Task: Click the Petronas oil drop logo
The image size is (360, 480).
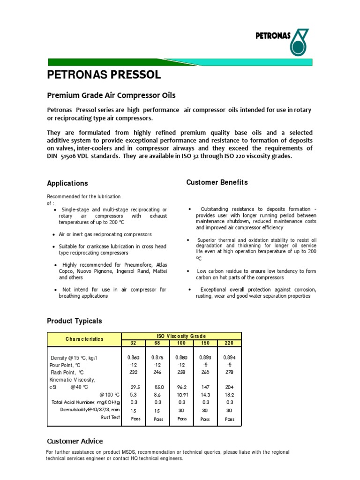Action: pos(300,43)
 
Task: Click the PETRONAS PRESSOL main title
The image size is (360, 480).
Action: pos(104,75)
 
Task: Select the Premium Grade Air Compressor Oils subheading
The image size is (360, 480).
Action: pos(111,95)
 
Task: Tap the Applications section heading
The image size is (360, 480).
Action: pos(67,183)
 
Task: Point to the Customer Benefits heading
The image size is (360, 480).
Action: pos(217,182)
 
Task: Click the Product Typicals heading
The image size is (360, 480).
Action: pos(74,321)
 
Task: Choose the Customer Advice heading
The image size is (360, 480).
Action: pos(75,441)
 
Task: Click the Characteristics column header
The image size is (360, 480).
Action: pos(84,339)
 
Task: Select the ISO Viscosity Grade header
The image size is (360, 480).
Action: pos(181,336)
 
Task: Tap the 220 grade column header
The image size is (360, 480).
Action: pos(230,343)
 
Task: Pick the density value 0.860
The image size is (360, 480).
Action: pos(133,358)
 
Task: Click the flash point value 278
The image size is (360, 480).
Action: pos(230,372)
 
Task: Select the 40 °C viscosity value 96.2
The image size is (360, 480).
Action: pos(181,388)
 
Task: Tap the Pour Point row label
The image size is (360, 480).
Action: pos(65,365)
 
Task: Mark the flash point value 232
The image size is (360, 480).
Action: pos(133,372)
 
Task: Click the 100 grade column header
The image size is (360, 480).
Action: pos(181,343)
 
